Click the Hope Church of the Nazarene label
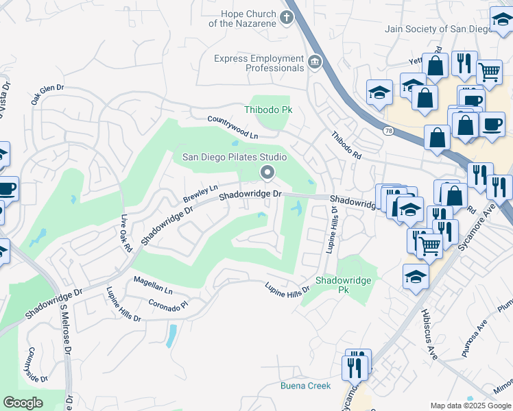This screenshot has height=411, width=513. click(x=248, y=18)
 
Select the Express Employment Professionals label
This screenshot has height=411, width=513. click(x=259, y=63)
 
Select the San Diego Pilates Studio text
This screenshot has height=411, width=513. click(x=234, y=157)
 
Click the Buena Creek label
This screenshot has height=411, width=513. click(x=305, y=386)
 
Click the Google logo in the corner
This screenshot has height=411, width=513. click(x=23, y=402)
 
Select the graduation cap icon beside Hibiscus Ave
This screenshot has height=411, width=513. click(x=416, y=277)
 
